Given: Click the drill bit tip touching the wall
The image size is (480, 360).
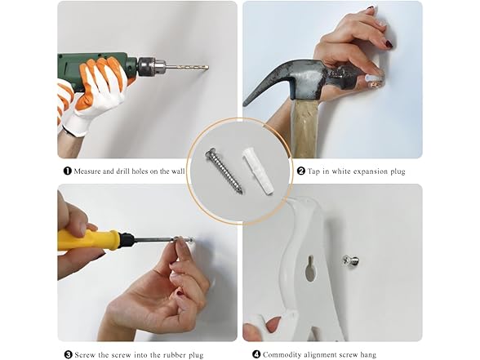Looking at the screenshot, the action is point(207,67).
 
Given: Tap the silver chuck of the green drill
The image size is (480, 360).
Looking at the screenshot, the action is point(152,66).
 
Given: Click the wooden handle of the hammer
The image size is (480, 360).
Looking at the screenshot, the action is point(304,129).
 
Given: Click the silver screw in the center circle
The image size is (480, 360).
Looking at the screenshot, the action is point(224,171).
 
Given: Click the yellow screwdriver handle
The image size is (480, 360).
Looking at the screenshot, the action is point(88,240).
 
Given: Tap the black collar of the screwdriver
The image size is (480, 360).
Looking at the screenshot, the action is point(127,240).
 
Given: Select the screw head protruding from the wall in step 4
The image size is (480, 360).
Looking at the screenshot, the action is point(350,261).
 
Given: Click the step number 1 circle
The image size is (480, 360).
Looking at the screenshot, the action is point(67,171).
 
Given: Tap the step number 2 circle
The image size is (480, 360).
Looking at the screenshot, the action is point(301,171).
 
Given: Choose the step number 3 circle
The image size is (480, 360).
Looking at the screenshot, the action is point(69,355).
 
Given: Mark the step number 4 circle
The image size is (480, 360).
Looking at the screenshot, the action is point(256,354).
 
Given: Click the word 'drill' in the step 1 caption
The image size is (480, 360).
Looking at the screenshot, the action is point(123,171).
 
